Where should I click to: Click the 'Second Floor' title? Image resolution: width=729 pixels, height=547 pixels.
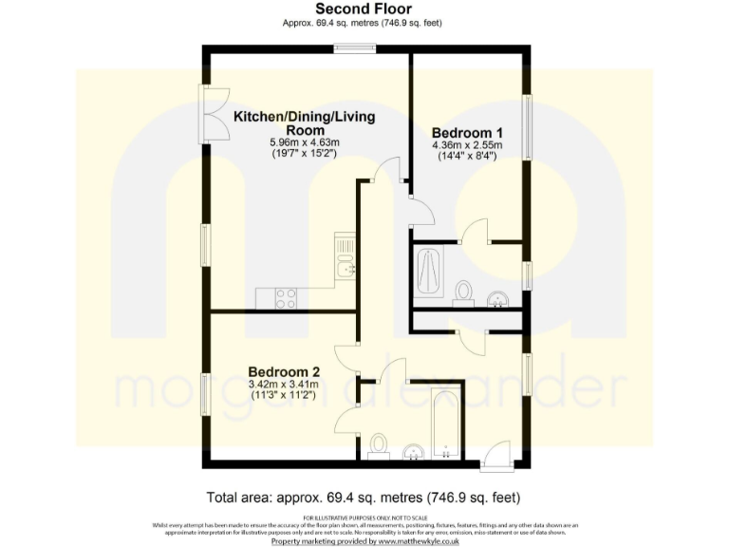(364, 9)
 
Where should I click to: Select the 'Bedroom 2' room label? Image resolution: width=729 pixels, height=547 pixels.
(284, 371)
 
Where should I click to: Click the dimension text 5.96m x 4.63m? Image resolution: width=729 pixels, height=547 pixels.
(304, 141)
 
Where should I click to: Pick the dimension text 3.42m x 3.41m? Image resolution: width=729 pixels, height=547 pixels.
(284, 385)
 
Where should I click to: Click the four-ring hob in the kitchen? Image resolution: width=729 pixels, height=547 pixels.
(286, 298)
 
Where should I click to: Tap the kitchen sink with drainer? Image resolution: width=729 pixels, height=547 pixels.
(346, 258)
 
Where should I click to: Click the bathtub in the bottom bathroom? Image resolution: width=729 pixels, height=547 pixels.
(445, 424)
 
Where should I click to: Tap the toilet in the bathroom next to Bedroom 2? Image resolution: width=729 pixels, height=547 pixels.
(379, 445)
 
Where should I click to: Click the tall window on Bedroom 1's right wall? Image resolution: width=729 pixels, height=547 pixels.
(527, 124)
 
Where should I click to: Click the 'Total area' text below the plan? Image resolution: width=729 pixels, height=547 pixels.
(364, 497)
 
